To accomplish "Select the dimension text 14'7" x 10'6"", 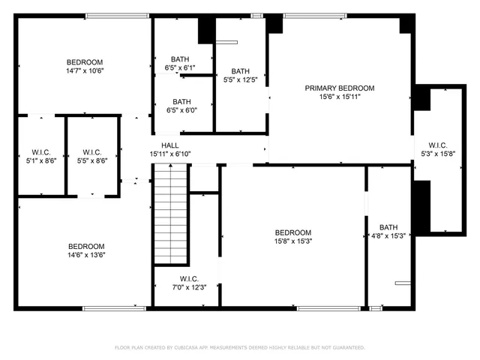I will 85,71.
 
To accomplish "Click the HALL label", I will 170,145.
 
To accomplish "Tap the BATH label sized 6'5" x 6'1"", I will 180,59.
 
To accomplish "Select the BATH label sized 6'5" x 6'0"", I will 181,102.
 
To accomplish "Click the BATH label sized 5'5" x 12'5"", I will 241,71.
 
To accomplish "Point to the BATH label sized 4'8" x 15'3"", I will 388,227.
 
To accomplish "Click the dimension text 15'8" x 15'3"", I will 292,241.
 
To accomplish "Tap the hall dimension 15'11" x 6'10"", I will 170,154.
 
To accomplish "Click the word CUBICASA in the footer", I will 196,348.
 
